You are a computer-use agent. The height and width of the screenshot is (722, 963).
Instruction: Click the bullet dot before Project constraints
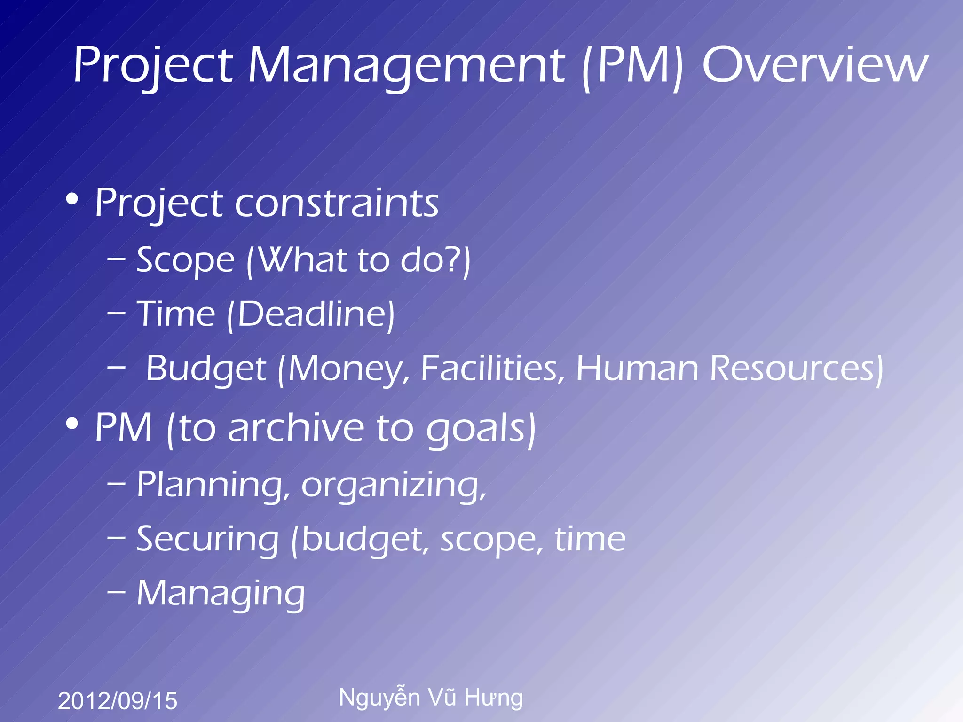click(72, 199)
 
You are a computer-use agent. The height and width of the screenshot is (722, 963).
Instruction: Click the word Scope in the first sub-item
click(185, 260)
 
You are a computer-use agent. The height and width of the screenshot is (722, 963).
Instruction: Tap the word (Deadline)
click(311, 314)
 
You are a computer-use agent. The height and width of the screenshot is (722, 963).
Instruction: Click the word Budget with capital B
click(206, 369)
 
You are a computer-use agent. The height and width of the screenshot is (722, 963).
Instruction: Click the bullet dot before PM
click(72, 424)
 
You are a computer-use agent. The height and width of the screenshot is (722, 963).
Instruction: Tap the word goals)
click(481, 429)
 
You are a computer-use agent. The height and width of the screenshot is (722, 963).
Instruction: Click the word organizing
click(393, 485)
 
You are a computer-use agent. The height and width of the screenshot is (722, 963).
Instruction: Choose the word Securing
click(208, 539)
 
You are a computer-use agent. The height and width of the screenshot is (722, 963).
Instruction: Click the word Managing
click(221, 594)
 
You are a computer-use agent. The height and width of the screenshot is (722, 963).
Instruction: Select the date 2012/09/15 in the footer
click(118, 701)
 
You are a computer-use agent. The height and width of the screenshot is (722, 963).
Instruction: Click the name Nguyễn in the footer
click(379, 698)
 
